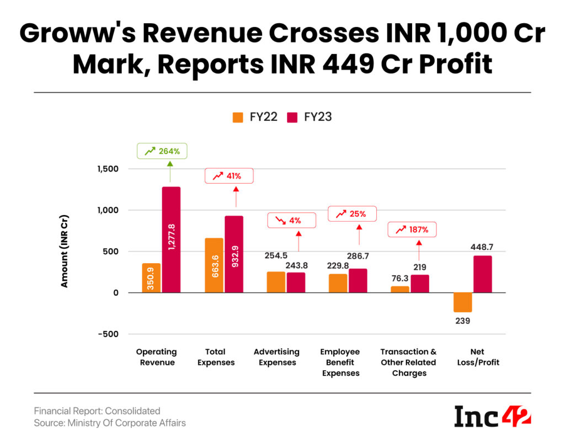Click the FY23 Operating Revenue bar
click(171, 240)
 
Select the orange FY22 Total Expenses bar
click(214, 265)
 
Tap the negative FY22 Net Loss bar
click(463, 302)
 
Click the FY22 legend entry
click(254, 117)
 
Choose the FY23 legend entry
click(310, 117)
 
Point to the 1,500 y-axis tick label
click(109, 169)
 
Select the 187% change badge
click(412, 229)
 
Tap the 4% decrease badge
click(291, 221)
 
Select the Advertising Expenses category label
click(276, 357)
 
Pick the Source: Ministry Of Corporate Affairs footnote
click(110, 423)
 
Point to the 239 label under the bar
click(463, 321)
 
